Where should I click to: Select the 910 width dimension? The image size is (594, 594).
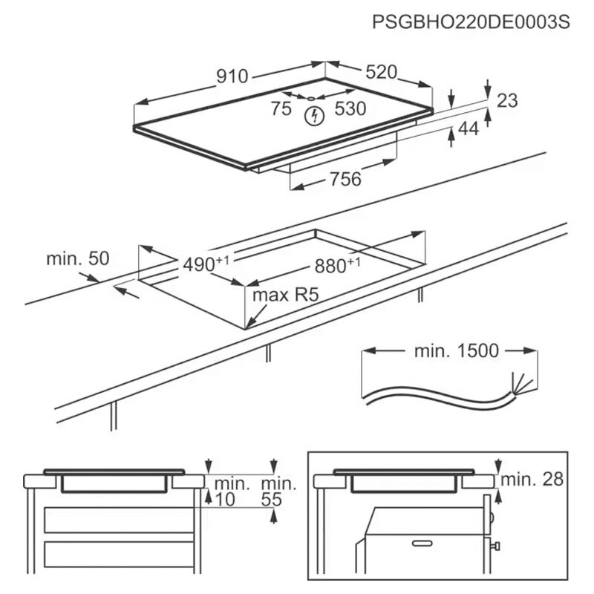232,76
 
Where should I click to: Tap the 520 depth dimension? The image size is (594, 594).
382,72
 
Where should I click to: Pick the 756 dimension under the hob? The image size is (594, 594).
345,179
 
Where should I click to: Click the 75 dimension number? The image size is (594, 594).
281,109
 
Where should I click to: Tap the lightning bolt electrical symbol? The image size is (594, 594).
316,116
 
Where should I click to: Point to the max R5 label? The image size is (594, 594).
285,296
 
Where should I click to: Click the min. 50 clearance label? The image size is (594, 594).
77,259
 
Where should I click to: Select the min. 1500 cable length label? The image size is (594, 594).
457,350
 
